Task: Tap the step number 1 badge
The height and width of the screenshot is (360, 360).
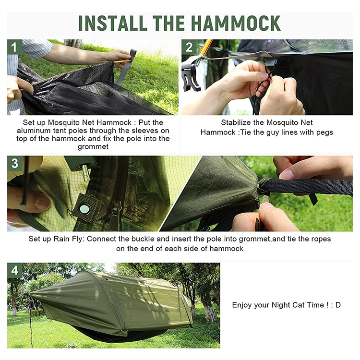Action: [14, 47]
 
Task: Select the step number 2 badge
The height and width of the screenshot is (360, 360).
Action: [189, 47]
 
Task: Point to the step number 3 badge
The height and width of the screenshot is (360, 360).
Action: [14, 163]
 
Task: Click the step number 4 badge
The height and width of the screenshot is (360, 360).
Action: [14, 270]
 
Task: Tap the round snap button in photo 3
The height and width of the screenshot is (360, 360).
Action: [84, 209]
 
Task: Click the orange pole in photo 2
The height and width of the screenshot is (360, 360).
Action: [205, 48]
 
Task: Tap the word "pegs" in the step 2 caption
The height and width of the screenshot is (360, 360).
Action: [323, 132]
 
